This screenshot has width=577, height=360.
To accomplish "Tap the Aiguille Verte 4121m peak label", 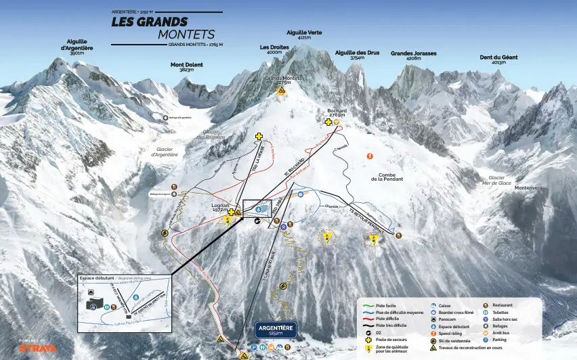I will pyautogui.click(x=304, y=35).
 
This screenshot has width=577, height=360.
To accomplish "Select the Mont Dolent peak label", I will pyautogui.click(x=186, y=67).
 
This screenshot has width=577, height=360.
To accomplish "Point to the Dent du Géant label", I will pyautogui.click(x=498, y=60).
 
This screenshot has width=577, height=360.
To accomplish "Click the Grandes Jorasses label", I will pyautogui.click(x=413, y=55).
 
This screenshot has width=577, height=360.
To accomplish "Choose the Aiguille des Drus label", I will pyautogui.click(x=357, y=55).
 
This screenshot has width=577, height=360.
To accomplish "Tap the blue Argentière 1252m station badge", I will pyautogui.click(x=276, y=330).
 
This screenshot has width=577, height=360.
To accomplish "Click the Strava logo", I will pyautogui.click(x=38, y=348).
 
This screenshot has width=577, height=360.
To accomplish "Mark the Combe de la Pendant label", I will pyautogui.click(x=391, y=177).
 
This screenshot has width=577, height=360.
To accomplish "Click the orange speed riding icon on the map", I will pyautogui.click(x=369, y=156).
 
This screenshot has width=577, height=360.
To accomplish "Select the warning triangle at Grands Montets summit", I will pyautogui.click(x=282, y=91).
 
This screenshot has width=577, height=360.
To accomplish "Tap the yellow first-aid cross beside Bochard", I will pyautogui.click(x=328, y=122).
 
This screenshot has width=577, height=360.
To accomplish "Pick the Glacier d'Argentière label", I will pyautogui.click(x=167, y=152).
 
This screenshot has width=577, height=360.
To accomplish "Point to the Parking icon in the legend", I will pyautogui.click(x=486, y=340).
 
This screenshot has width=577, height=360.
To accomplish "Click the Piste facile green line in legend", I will pyautogui.click(x=368, y=306).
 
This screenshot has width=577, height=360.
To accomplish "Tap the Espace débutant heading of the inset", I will pyautogui.click(x=97, y=278).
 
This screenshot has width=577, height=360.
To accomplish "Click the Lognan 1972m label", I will pyautogui.click(x=220, y=207).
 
